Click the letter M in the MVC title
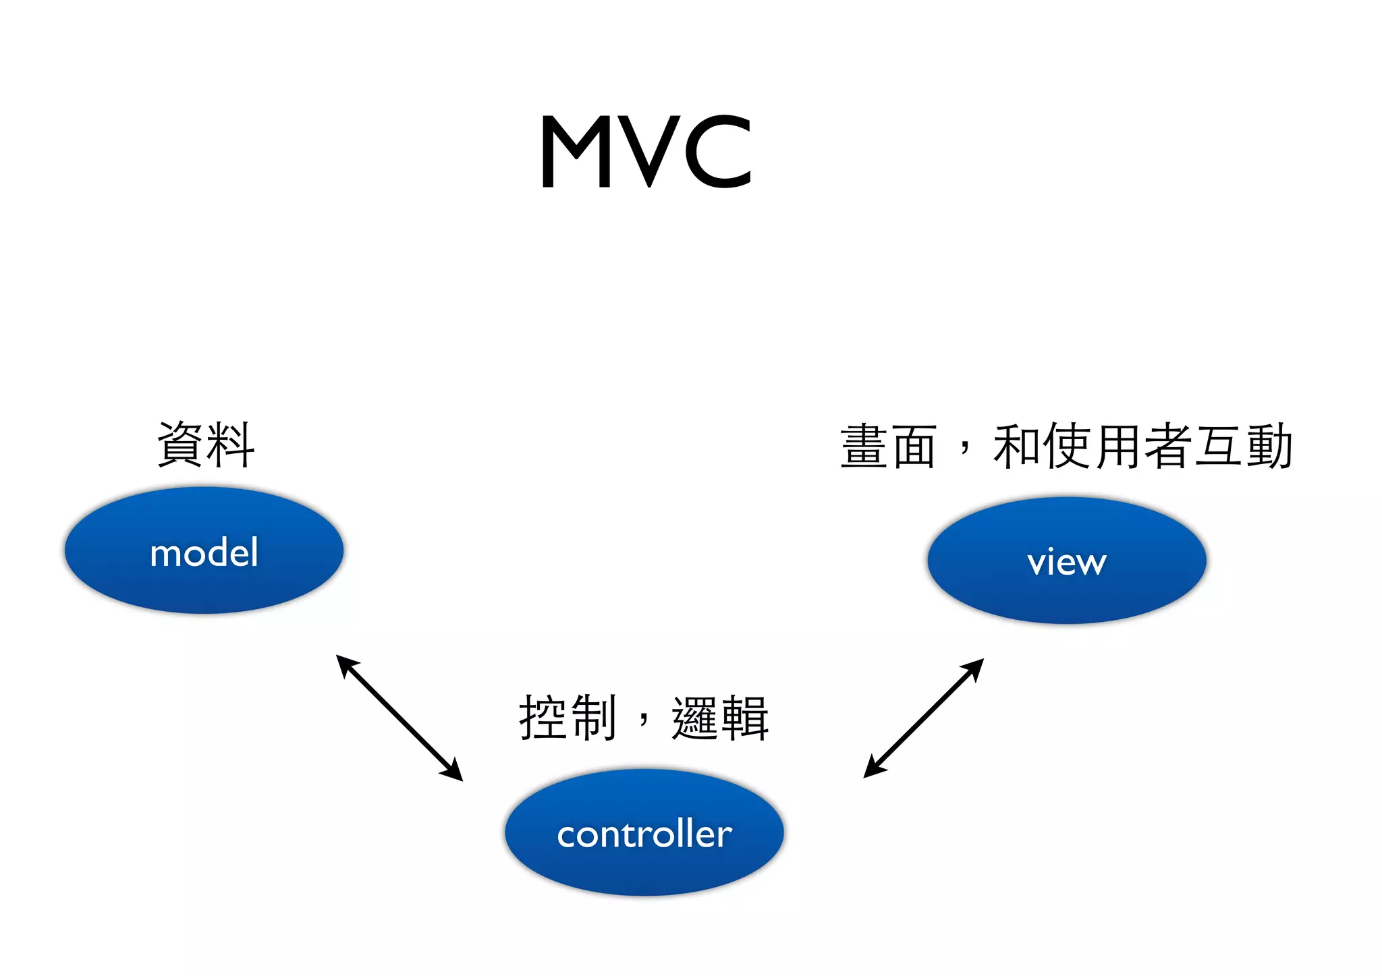576,152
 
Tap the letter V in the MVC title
649,152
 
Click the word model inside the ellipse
204,553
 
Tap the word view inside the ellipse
1067,562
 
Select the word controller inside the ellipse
644,834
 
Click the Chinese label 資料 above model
206,444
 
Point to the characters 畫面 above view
888,447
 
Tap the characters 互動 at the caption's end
1244,447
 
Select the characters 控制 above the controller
567,718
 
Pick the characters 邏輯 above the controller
720,718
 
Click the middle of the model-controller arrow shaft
399,718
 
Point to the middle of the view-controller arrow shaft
924,718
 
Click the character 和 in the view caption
1017,447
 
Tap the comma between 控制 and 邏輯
644,720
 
